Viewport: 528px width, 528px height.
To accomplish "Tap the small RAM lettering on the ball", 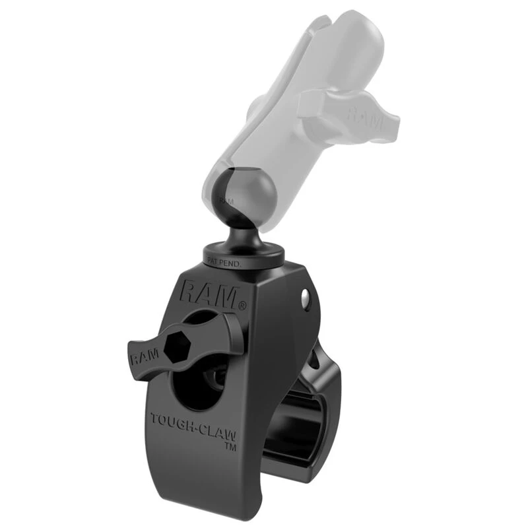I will click(x=226, y=199).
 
